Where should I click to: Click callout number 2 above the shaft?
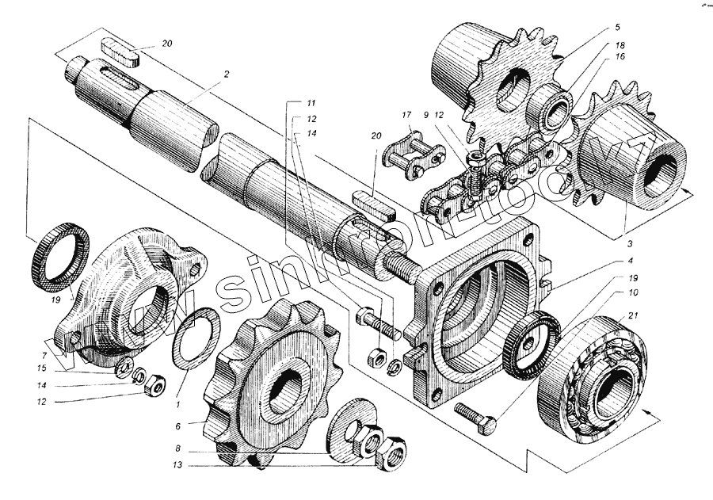click(x=226, y=74)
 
